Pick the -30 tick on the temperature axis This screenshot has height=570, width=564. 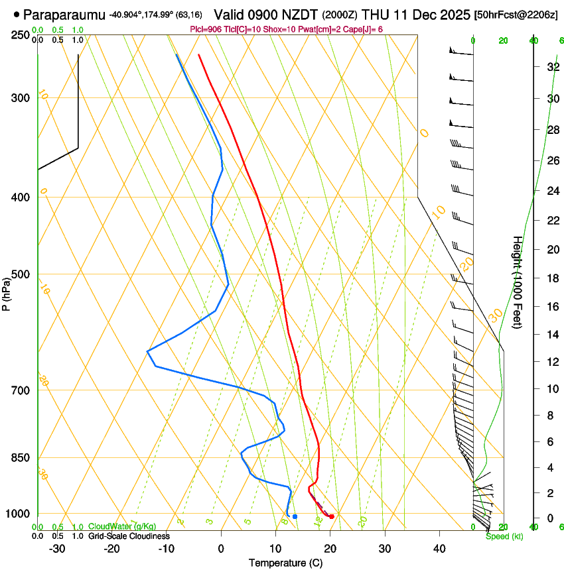(57, 549)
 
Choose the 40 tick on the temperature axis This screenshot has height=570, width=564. (439, 549)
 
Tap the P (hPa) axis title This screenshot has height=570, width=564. (6, 292)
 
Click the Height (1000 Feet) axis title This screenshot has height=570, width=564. (518, 282)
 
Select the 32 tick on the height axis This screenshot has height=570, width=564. (552, 67)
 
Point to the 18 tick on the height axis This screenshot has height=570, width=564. (552, 278)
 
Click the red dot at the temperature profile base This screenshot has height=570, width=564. (332, 516)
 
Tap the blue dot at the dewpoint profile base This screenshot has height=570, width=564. (295, 516)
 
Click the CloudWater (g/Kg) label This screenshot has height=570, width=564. (122, 527)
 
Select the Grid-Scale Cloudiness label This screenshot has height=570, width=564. (129, 536)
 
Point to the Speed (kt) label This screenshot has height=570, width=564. (504, 536)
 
